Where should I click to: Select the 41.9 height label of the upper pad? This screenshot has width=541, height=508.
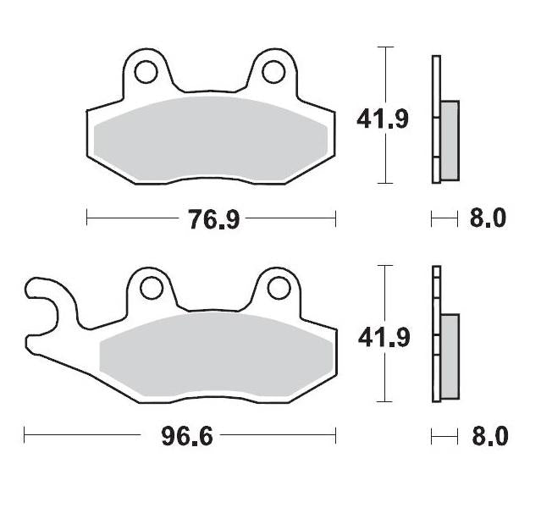(383, 119)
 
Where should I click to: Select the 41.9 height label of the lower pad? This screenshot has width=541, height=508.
(383, 338)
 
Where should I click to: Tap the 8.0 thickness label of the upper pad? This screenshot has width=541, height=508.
(487, 218)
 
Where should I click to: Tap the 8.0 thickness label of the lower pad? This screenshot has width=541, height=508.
(487, 437)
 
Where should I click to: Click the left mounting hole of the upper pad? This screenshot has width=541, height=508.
(146, 72)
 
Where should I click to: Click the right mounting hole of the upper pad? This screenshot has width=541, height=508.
(273, 72)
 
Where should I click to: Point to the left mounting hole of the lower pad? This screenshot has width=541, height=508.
(152, 289)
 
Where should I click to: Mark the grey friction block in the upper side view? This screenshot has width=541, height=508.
(450, 140)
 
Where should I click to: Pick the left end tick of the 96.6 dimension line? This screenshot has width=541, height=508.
(25, 437)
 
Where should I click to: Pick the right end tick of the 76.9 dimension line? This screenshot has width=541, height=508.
(336, 219)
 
